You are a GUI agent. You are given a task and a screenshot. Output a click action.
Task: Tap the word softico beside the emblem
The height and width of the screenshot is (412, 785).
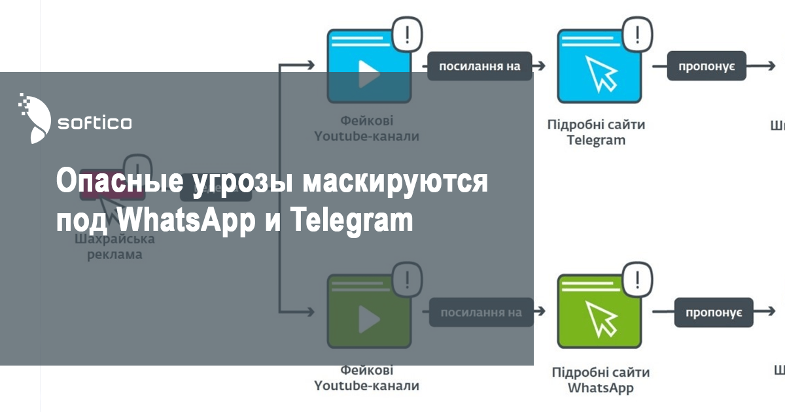[x=95, y=122]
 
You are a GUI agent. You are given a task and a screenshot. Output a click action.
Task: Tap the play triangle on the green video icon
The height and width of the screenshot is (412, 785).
[x=369, y=319]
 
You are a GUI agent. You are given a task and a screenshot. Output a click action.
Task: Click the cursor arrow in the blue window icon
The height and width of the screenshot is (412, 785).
[x=601, y=74]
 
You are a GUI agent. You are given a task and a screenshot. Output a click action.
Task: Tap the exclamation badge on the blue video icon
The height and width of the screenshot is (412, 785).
[x=407, y=33]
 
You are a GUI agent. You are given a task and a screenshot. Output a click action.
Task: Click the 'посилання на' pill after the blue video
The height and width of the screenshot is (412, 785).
[x=479, y=66]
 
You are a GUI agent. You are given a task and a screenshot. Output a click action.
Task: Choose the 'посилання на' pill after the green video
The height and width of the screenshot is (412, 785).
[x=481, y=313]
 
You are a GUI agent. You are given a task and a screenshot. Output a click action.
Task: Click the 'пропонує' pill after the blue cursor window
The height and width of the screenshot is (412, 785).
[x=706, y=66]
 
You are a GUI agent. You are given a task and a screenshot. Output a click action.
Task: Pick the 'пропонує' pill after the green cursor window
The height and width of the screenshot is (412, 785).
[x=713, y=313]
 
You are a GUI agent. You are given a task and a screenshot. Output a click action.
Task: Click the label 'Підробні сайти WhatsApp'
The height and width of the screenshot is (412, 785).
[x=601, y=380]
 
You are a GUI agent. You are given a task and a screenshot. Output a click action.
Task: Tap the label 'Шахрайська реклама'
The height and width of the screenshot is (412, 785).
[x=114, y=247]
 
